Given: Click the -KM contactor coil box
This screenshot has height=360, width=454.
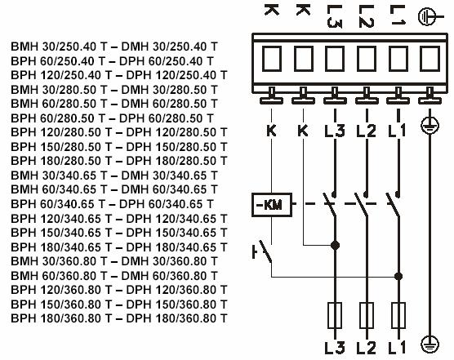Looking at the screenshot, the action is pos(272,205).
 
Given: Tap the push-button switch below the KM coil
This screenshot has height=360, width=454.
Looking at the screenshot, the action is pos(263,251).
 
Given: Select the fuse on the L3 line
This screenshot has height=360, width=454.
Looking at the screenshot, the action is pos(335,315).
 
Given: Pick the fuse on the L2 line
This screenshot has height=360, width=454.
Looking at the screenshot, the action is pos(367,315).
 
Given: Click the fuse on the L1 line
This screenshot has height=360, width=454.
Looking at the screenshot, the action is pos(398,315).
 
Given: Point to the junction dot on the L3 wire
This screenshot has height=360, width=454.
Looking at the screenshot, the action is pos(335,246).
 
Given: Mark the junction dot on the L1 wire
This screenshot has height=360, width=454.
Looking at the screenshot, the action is pos(398,277).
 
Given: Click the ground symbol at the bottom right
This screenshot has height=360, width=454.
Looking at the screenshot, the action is pos(430,344).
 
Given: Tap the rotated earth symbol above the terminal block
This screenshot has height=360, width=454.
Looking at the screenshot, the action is pos(430,17).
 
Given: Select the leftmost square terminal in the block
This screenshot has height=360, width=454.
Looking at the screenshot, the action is pos(272,59).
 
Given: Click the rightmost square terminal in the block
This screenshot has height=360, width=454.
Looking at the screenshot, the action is pos(430,59).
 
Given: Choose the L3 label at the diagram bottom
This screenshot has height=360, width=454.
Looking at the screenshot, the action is pos(335,348).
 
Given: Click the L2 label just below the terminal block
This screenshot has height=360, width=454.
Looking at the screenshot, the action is pos(367,131).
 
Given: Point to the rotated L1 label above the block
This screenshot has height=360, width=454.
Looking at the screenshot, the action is pos(398,15).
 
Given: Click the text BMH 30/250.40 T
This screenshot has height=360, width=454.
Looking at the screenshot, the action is pos(59,47).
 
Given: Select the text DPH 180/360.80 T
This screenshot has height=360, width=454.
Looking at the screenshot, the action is pos(176,318).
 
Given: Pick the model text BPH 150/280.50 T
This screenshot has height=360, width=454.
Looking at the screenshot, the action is pos(61,147).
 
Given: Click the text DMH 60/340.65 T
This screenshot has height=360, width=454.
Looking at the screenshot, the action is pos(169,189).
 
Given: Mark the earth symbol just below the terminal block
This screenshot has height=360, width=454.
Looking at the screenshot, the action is pos(430,125).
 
